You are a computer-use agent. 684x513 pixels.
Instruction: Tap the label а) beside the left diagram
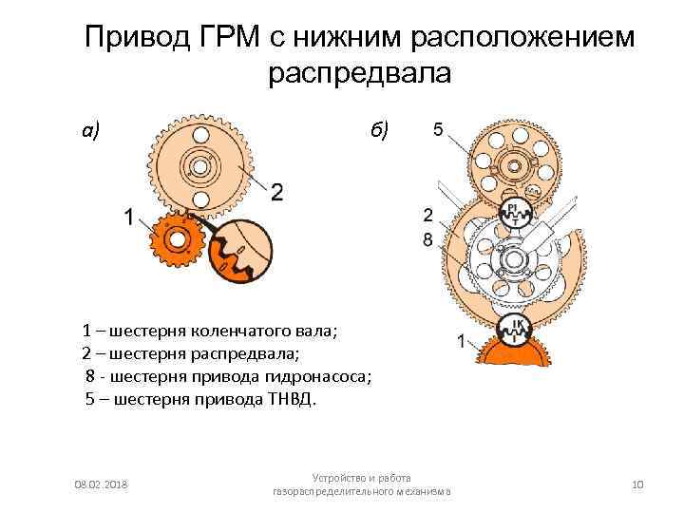[x=92, y=130]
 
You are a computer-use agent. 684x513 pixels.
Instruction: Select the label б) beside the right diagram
[x=379, y=130]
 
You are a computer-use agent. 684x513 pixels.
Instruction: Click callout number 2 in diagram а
[x=276, y=193]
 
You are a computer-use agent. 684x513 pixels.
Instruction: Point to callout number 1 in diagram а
[x=127, y=217]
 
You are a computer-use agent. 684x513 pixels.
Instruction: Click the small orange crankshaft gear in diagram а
[x=177, y=243]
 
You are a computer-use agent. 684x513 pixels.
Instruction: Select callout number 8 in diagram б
[x=428, y=240]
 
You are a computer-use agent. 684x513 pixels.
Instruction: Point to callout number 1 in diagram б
[x=461, y=340]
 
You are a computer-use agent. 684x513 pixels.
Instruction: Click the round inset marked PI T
[x=512, y=212]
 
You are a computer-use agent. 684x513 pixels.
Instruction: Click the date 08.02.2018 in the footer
[x=101, y=485]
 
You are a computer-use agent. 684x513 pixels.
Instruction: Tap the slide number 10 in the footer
[x=637, y=485]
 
